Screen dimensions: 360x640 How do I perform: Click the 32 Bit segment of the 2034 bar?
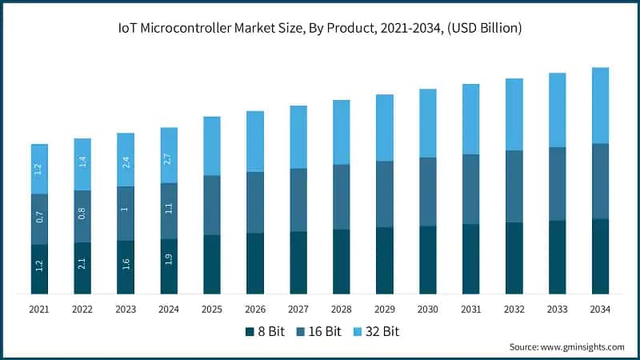pos(601,106)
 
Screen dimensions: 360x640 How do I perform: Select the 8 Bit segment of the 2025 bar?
pos(212,264)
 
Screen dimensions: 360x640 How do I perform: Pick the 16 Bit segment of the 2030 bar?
pos(428,192)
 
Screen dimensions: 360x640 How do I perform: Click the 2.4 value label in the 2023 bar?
pos(126,160)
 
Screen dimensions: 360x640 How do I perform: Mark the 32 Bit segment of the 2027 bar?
pos(298,137)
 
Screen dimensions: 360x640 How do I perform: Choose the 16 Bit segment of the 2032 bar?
pos(514,186)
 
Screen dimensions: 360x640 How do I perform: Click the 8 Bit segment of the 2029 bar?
pos(385,260)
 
